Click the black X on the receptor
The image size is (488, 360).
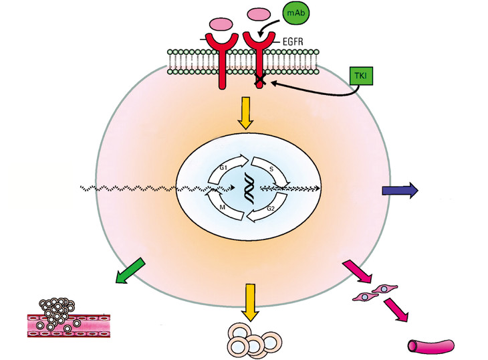(x=257, y=84)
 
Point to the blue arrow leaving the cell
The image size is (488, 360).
(x=400, y=191)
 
